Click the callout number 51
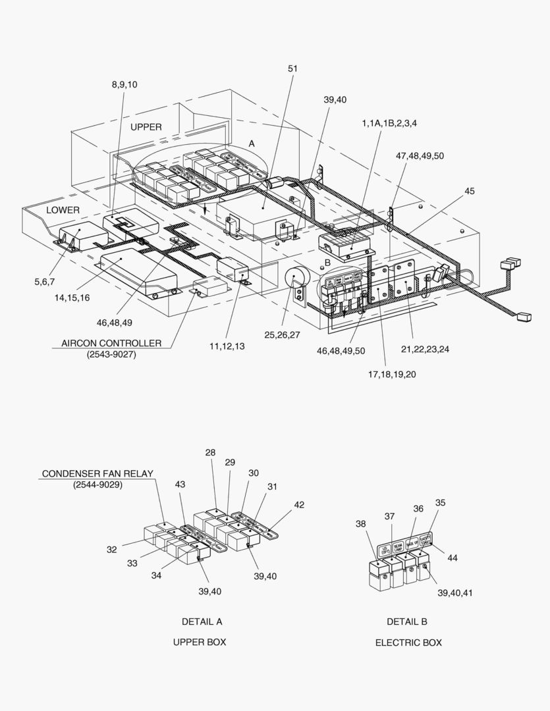click(x=292, y=68)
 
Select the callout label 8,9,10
click(x=124, y=84)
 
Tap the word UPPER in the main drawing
click(x=146, y=127)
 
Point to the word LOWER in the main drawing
click(x=63, y=210)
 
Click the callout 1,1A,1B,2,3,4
click(x=389, y=124)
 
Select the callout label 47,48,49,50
click(x=420, y=155)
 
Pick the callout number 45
click(x=469, y=192)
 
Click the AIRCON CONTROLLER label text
click(x=111, y=343)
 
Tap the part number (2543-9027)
click(x=111, y=355)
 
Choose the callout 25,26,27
click(x=282, y=335)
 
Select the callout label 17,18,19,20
click(x=392, y=374)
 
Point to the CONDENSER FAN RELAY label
click(x=97, y=473)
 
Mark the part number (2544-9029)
click(x=97, y=485)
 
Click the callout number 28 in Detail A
click(x=210, y=452)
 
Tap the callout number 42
click(x=299, y=505)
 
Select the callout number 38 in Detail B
click(x=360, y=524)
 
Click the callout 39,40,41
click(x=454, y=592)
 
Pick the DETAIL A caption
click(x=202, y=621)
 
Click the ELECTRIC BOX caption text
click(x=408, y=643)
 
